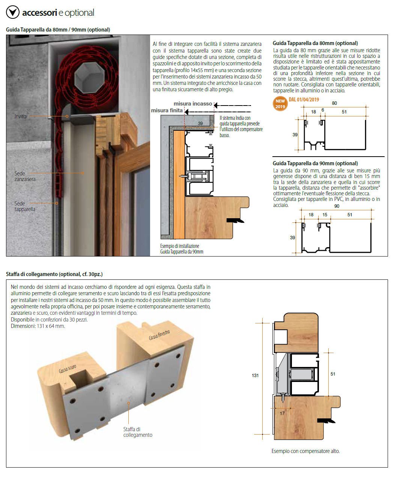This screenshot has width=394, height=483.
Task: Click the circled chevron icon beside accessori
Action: click(13, 12)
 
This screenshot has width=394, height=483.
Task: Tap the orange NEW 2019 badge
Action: click(280, 104)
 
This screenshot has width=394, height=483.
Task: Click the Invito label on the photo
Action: click(21, 116)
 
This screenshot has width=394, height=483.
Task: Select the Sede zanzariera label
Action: click(25, 176)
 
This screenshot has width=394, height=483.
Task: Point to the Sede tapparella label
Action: click(25, 206)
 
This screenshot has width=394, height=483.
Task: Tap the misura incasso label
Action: click(193, 104)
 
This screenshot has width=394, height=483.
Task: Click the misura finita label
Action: click(167, 110)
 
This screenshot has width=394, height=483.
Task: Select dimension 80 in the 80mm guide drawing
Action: click(334, 103)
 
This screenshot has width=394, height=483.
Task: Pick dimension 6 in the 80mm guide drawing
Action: click(323, 110)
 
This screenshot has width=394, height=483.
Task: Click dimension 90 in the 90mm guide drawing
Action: click(337, 206)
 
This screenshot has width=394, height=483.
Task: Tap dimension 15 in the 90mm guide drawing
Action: click(325, 215)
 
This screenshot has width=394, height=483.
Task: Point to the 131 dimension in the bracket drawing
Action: click(255, 375)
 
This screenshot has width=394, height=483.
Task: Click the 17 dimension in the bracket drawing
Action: click(282, 413)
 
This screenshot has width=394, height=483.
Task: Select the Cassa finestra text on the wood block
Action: click(159, 335)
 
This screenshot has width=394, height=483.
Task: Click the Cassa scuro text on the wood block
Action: click(68, 369)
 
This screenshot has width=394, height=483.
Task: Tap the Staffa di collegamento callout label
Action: click(138, 432)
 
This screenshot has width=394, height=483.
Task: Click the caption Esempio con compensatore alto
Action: click(305, 451)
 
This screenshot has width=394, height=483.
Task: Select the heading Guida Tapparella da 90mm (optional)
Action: click(315, 163)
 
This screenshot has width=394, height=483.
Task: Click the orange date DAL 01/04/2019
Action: click(304, 100)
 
